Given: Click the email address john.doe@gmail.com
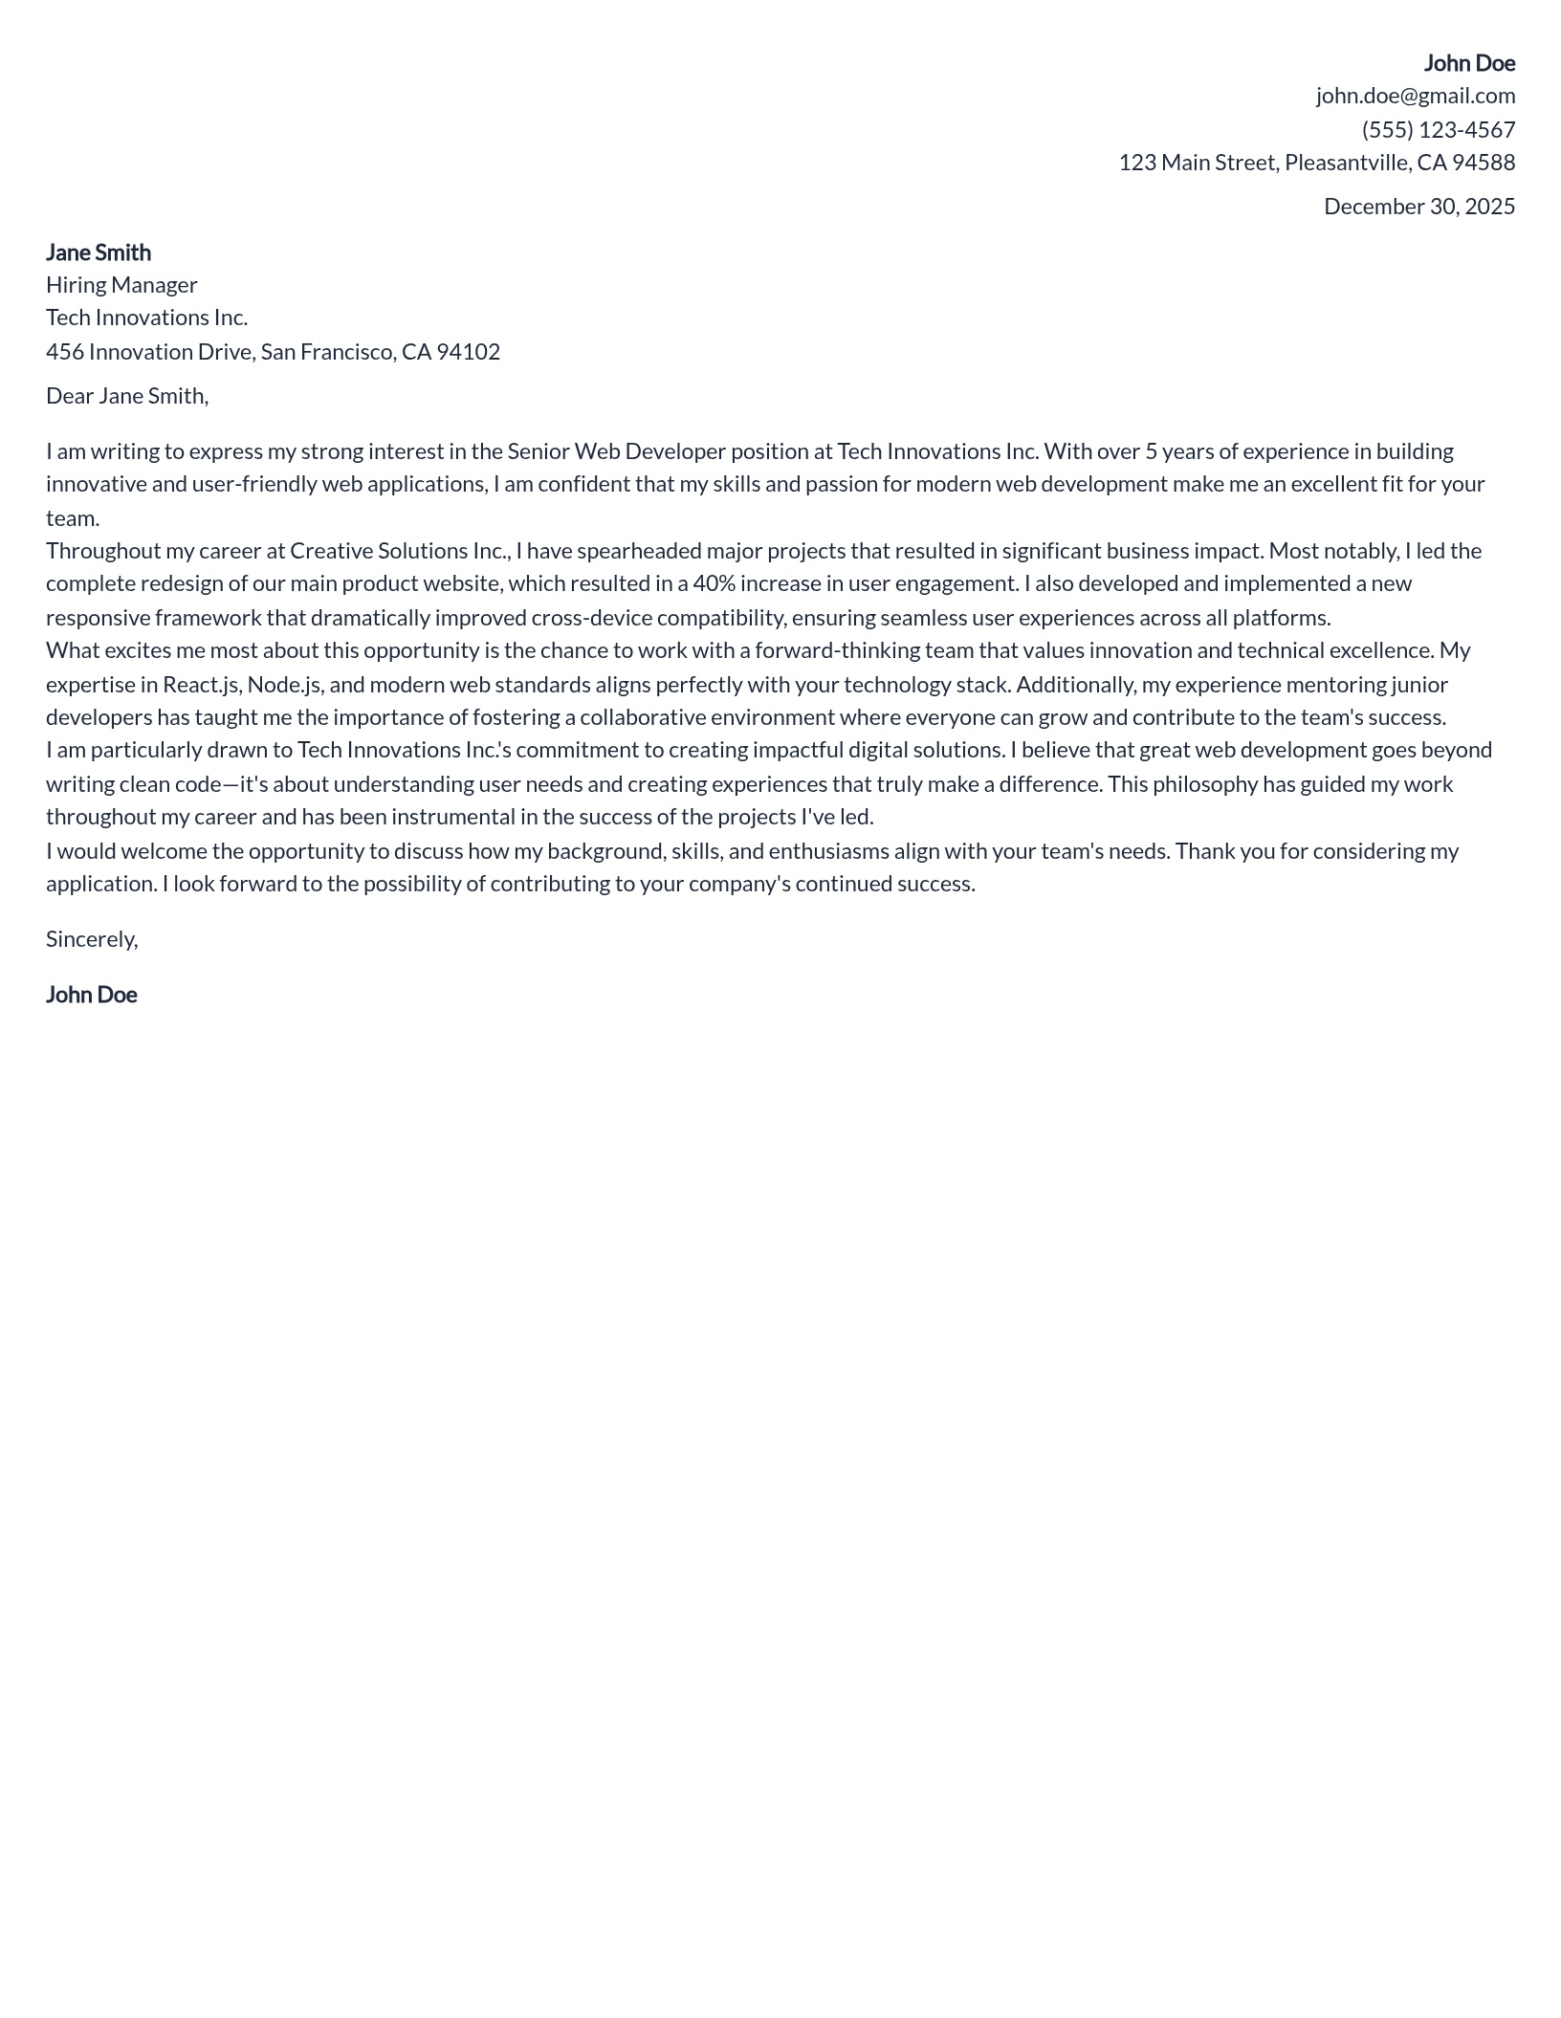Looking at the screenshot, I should coord(1415,96).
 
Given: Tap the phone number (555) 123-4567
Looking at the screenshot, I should coord(1438,129).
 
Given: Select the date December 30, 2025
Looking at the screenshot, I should coord(1418,207).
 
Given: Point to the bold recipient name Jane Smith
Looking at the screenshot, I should coord(99,252).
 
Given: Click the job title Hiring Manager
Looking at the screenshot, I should coord(121,285).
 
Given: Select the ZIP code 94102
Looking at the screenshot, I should coord(468,352).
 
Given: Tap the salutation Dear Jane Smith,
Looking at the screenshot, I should coord(127,396).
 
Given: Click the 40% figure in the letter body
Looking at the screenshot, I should coord(714,583).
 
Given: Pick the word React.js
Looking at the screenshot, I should coord(201,685).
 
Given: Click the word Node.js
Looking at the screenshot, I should coord(284,685).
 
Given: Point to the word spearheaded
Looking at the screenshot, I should coord(639,551).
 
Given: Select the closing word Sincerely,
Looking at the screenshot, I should coord(92,939).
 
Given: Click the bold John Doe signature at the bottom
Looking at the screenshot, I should coord(92,995).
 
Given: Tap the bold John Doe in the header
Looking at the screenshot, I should coord(1468,63).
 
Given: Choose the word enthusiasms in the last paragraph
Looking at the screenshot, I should coord(828,851).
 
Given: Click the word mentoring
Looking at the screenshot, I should coord(1343,685).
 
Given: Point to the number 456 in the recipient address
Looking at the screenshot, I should coord(65,352).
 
